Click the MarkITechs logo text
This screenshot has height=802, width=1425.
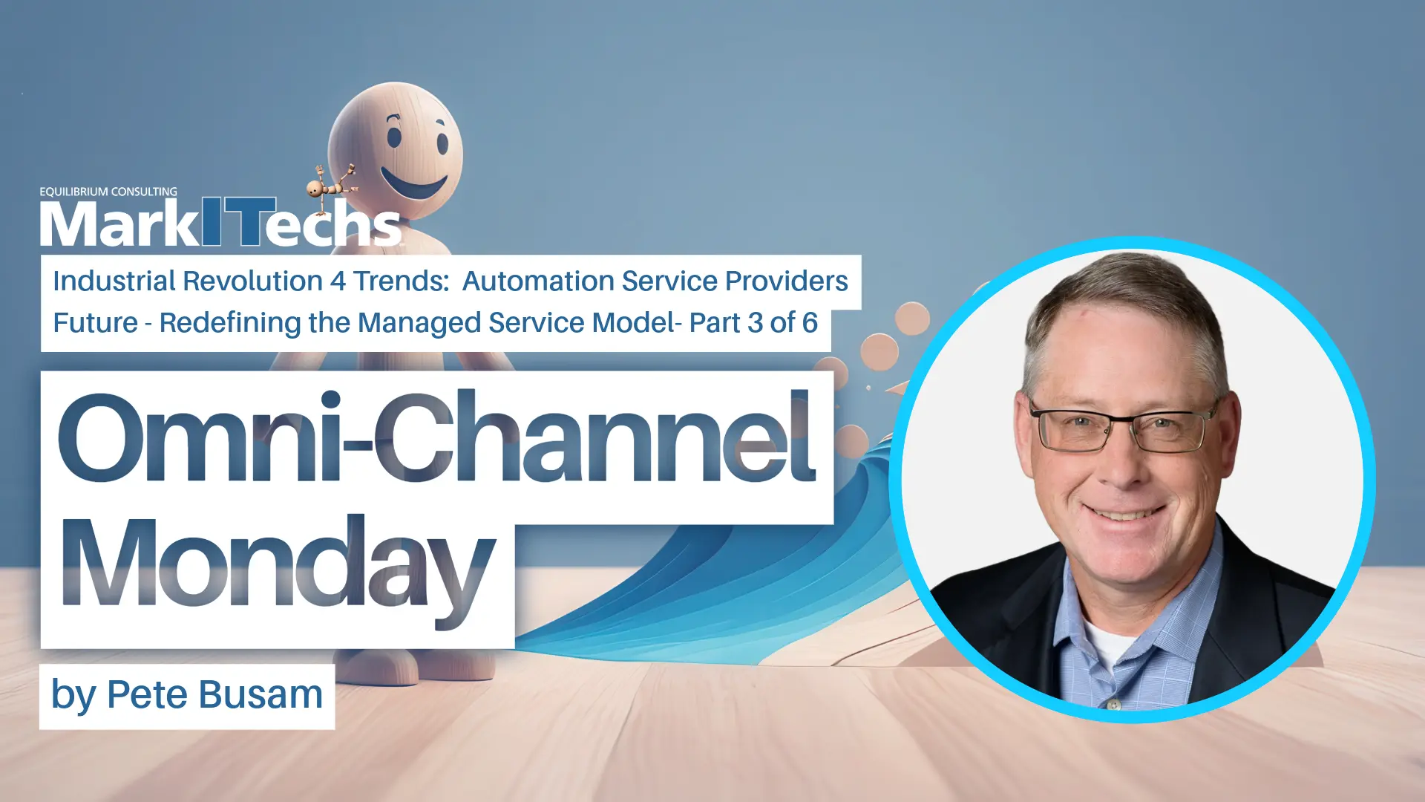pos(221,224)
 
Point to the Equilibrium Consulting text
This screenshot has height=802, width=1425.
pos(108,192)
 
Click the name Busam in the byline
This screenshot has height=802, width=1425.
pos(261,695)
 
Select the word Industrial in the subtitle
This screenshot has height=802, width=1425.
pos(114,281)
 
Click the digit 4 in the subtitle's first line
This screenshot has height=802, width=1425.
pos(338,281)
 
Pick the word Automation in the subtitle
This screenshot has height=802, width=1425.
pos(538,281)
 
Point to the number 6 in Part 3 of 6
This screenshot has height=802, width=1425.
pos(810,323)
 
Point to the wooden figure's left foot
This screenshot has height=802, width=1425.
pos(379,663)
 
